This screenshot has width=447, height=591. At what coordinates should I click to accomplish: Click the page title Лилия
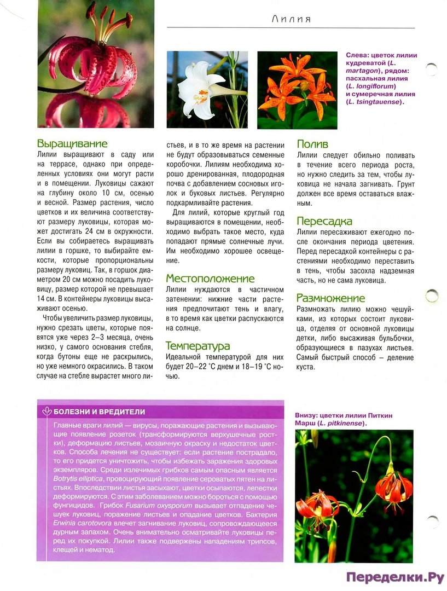(x=291, y=20)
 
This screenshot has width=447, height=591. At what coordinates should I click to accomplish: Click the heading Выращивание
(x=72, y=144)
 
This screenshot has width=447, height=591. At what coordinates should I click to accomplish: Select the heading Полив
(x=312, y=144)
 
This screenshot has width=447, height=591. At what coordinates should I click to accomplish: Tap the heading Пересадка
(x=324, y=222)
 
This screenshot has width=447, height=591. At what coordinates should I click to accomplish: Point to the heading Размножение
(x=330, y=298)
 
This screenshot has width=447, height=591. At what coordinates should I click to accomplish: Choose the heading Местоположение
(x=210, y=279)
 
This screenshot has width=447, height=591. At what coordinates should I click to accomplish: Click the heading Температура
(x=198, y=346)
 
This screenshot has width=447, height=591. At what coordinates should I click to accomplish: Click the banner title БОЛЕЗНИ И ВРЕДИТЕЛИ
(x=99, y=412)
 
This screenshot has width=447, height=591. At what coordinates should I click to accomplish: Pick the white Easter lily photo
(x=207, y=90)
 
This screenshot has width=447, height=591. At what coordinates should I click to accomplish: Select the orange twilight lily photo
(x=297, y=90)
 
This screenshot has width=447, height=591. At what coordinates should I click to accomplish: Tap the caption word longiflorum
(x=372, y=86)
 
